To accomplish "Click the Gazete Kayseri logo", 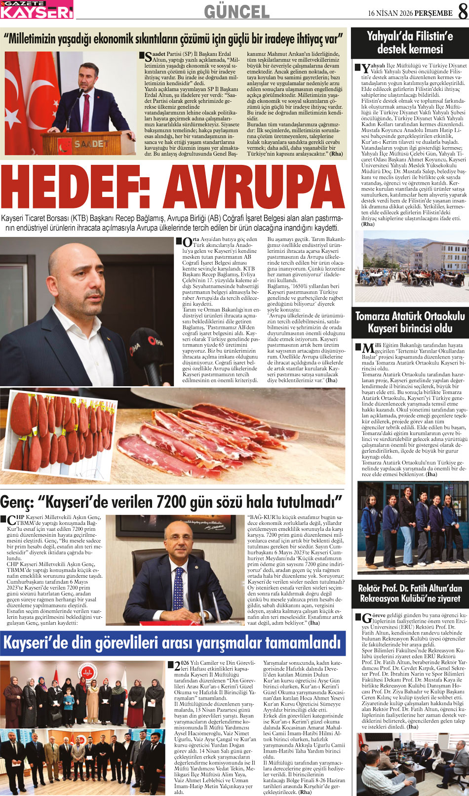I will point(37,9).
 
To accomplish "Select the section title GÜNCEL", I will point(236,11).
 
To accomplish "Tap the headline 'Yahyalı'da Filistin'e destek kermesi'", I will point(409,42).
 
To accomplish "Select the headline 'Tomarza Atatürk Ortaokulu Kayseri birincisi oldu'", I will point(409,322).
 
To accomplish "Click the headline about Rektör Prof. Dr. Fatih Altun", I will point(409,593).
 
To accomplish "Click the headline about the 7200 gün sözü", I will point(171,502).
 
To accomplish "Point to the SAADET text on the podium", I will point(91,144).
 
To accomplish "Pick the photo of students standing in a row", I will point(409,527).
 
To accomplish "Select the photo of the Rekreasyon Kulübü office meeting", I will point(409,763).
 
